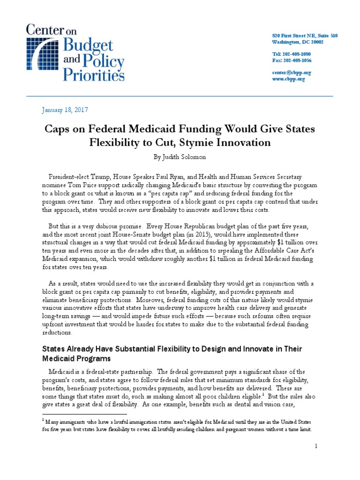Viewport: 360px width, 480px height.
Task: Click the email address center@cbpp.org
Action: (292, 73)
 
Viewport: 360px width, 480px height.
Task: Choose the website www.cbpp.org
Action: (289, 79)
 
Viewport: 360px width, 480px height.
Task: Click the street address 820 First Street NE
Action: (294, 36)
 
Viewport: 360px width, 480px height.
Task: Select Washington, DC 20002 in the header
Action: (298, 42)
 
